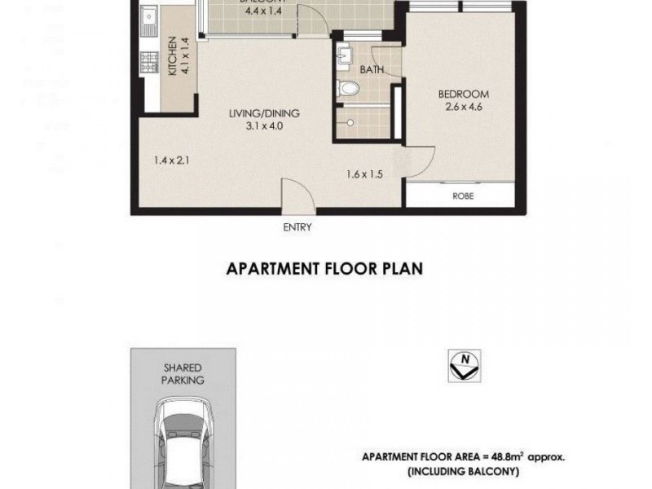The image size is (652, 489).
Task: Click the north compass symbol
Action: click(465, 366)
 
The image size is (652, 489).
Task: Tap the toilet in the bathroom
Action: click(350, 88)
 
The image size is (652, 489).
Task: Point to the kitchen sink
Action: click(150, 18)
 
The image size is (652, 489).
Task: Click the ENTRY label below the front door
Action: click(297, 228)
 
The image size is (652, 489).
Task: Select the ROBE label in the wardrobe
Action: click(463, 196)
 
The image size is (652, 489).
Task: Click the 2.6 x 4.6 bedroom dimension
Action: click(462, 106)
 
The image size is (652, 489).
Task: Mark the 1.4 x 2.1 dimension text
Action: click(171, 161)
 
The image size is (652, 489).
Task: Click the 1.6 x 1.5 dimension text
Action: click(363, 174)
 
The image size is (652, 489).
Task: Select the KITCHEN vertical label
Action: click(173, 57)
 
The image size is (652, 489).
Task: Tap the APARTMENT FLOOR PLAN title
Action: click(324, 269)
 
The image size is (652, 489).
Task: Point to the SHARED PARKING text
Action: click(183, 373)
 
